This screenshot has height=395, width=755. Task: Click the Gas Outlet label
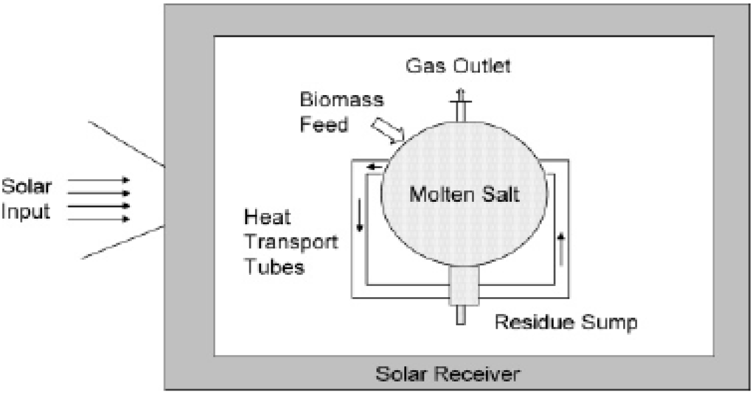[458, 66]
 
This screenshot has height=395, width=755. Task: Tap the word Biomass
[332, 99]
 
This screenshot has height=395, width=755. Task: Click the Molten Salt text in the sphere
[465, 195]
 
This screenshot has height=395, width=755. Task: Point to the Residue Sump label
[566, 322]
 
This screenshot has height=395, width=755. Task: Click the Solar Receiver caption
[448, 374]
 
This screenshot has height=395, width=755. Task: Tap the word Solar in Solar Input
[27, 186]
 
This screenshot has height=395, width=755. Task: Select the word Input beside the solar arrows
[26, 212]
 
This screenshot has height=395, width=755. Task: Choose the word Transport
[290, 242]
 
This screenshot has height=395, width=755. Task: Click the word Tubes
[274, 265]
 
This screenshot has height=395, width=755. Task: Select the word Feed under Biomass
[324, 125]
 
